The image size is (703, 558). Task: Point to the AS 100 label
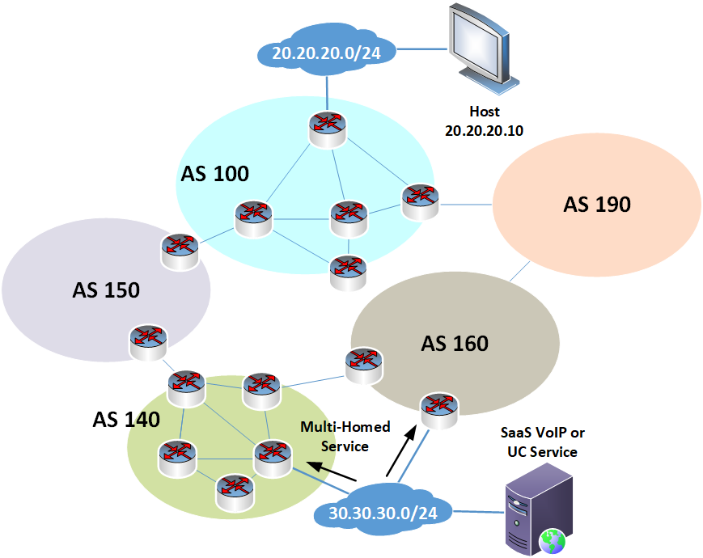[214, 173]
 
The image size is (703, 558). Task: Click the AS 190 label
[597, 205]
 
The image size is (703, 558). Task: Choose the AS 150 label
[106, 290]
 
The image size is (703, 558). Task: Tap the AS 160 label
[455, 344]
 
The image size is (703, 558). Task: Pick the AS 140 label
[126, 419]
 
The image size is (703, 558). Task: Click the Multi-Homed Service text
[345, 436]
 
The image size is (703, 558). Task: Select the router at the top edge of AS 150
[178, 251]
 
